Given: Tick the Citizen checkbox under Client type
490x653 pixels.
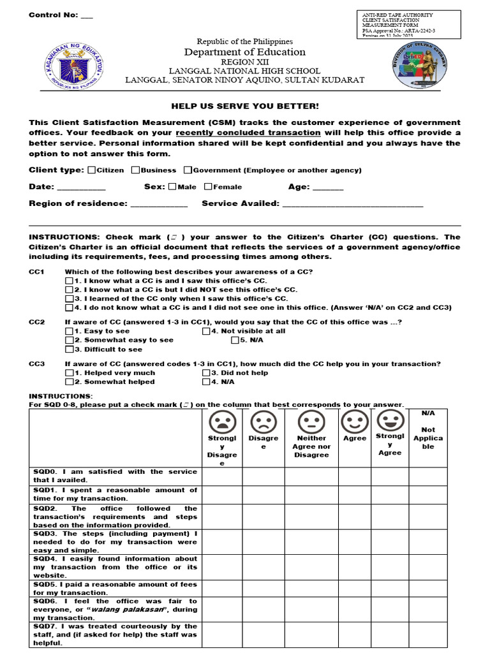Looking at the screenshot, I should coord(92,170).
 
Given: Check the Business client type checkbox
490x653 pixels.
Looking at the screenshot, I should coord(136,170).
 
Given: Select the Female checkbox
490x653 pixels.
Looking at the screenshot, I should coord(208,187).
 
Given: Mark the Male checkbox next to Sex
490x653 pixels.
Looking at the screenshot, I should coord(172,187).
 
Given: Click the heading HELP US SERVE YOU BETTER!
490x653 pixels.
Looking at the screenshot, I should coord(244,106).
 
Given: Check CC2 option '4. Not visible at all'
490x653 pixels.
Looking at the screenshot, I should coord(206,331).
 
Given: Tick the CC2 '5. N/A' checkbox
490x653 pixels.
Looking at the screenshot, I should coord(235,340).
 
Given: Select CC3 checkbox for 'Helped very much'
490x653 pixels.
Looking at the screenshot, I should coord(69,372).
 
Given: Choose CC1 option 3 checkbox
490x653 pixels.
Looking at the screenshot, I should coord(69,298).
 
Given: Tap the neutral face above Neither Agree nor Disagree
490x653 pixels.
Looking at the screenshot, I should coord(311,422).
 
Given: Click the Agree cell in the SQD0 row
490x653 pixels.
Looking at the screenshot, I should coord(355,476).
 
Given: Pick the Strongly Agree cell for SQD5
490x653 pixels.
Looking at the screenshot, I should coord(390,588).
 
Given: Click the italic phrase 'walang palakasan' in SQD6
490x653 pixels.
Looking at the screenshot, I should coord(146,610).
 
